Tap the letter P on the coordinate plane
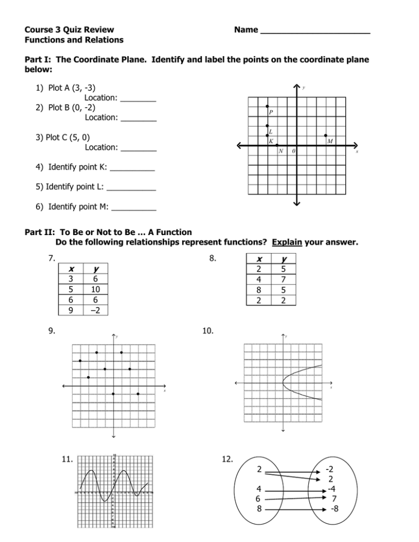point(270,113)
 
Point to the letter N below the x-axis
point(280,151)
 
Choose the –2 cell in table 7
point(97,310)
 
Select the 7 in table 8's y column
point(283,279)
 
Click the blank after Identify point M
point(134,208)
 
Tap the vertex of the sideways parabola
point(283,384)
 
